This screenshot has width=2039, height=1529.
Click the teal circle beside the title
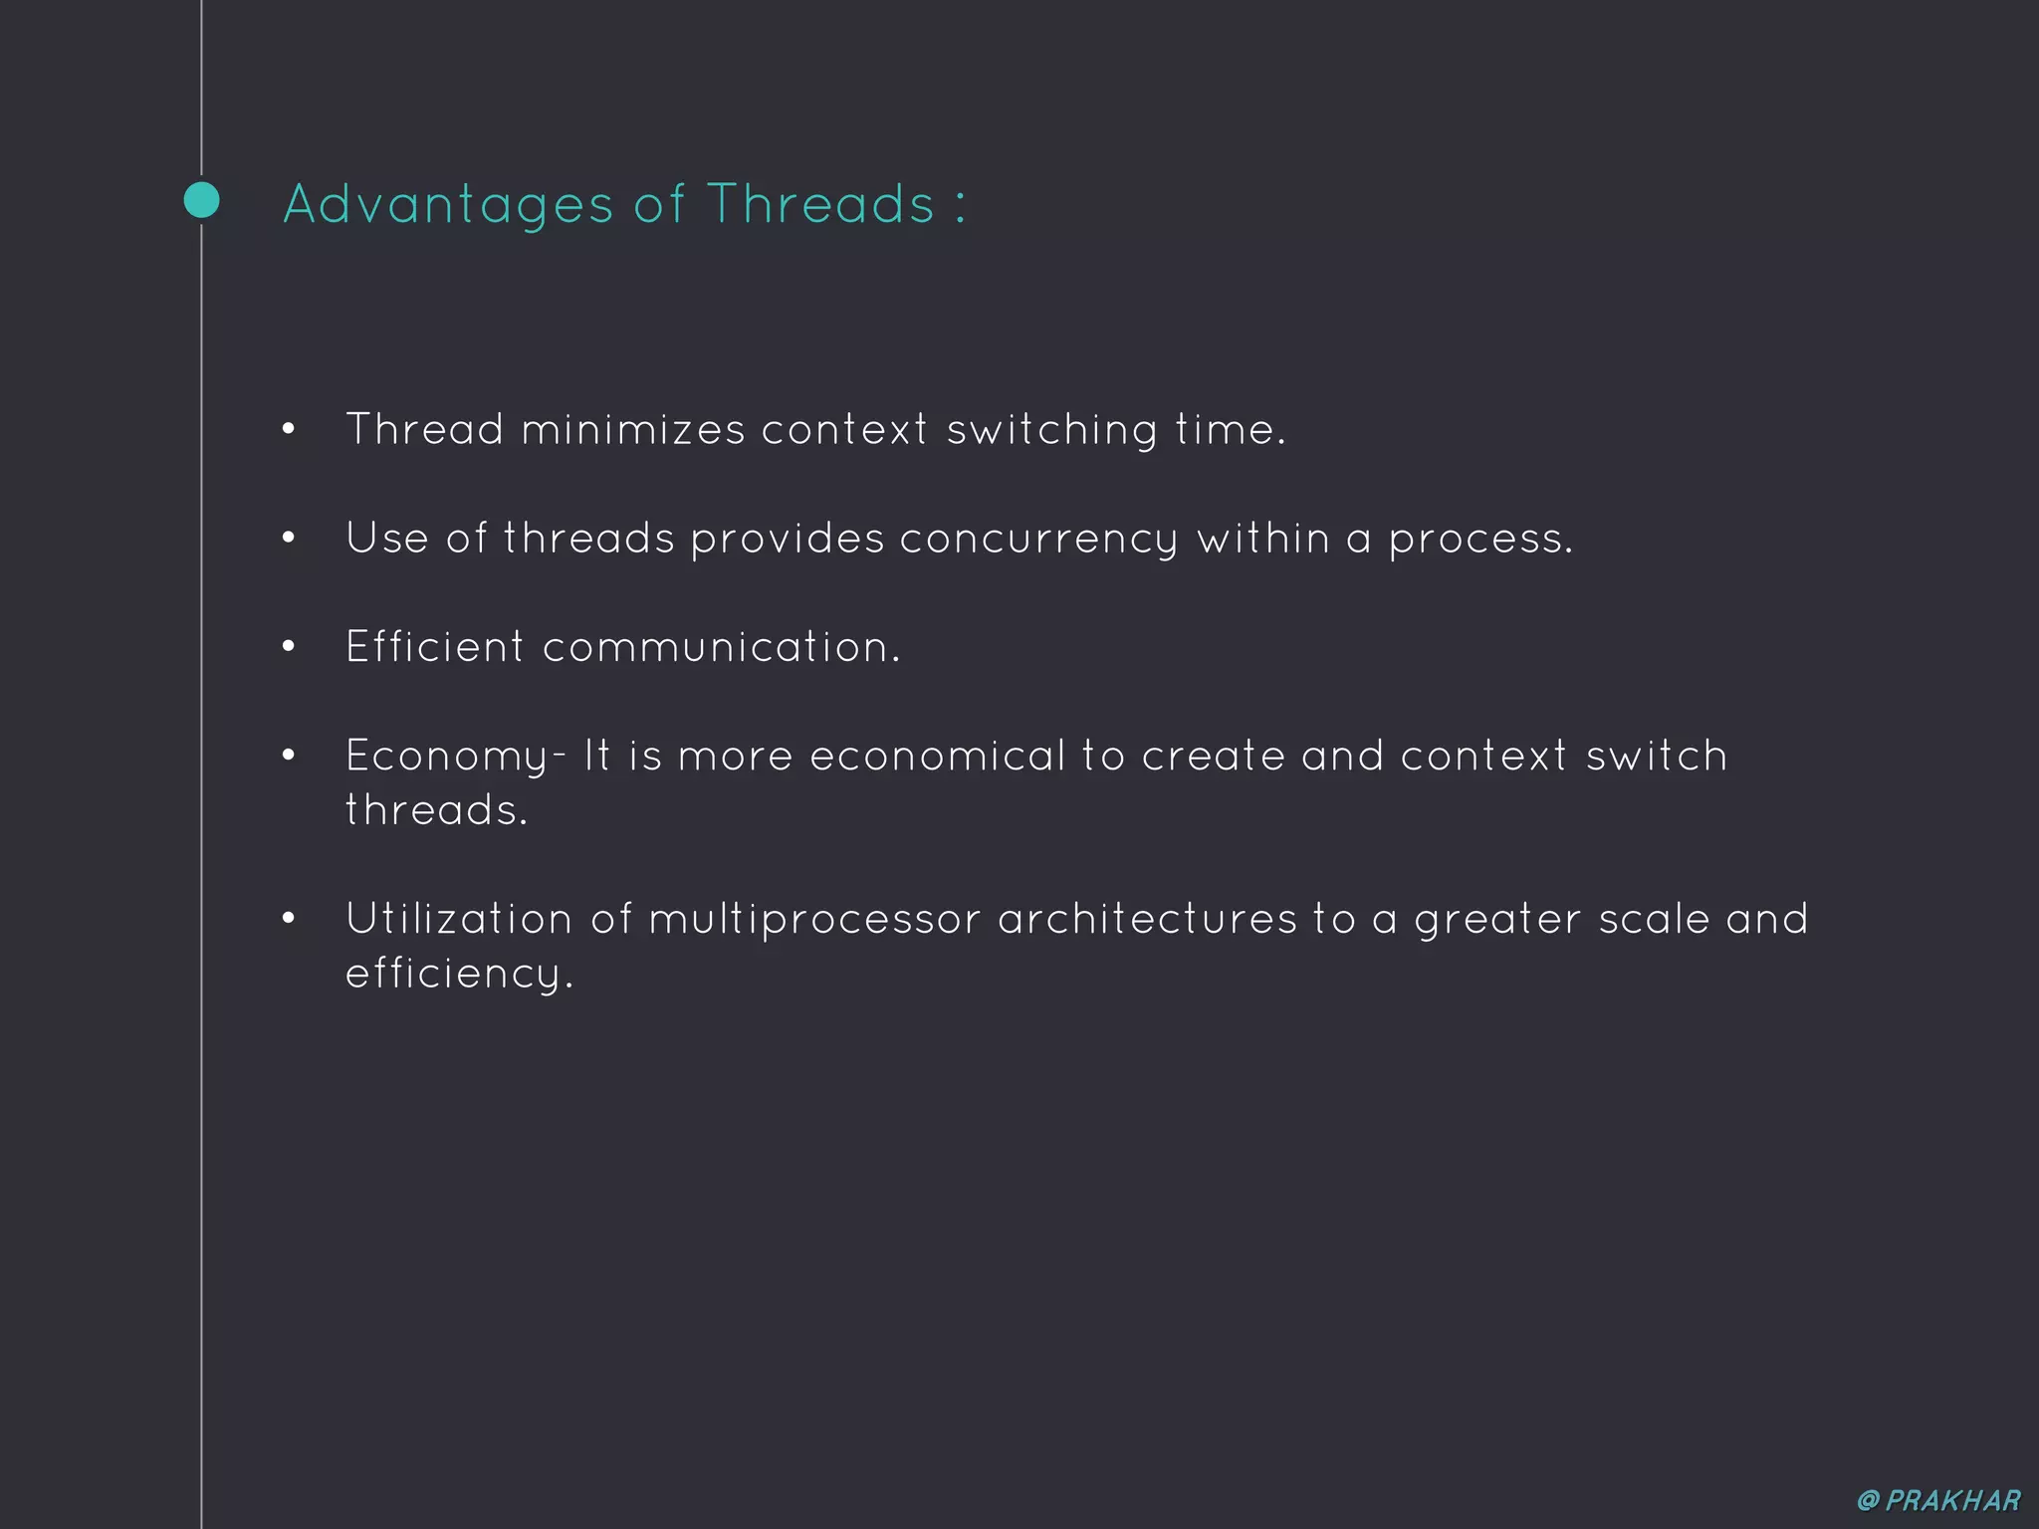pos(202,200)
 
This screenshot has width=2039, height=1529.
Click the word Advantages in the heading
pos(448,205)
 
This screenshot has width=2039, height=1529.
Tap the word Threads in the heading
pos(820,204)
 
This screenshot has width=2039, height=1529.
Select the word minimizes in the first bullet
pos(632,430)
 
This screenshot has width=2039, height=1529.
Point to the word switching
pos(1051,431)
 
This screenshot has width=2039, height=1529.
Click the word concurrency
pos(1038,540)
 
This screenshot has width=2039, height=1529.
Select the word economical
pos(937,757)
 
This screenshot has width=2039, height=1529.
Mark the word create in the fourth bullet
pos(1213,757)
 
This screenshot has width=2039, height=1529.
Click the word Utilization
pos(459,919)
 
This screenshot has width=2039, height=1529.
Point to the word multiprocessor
pos(814,920)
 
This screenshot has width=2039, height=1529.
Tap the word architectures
pos(1147,919)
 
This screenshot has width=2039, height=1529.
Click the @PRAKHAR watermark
pos(1938,1500)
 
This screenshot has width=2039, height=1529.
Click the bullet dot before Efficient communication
pos(289,647)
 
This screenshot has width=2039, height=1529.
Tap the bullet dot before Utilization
pos(289,919)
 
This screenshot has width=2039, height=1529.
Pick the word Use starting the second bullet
pos(386,539)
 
